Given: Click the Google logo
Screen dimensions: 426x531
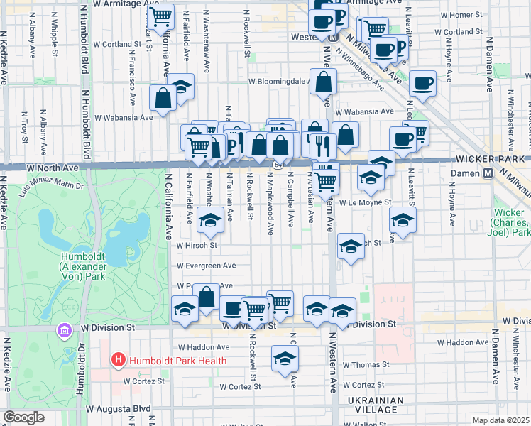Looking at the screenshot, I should [23, 417].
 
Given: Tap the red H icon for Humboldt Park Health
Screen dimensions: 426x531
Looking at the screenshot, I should [118, 361].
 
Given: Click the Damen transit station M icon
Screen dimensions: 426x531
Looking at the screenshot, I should [488, 173].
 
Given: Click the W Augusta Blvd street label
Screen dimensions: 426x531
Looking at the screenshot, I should [119, 409].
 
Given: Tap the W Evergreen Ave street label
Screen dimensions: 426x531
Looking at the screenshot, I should [206, 266].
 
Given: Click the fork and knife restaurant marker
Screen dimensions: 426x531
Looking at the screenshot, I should [323, 146].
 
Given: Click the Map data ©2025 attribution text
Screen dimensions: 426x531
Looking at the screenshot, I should [501, 420].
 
